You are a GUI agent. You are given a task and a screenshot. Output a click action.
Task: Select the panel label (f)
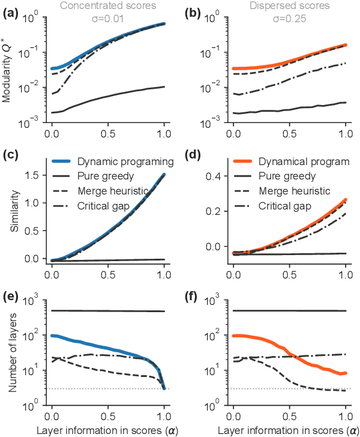193,298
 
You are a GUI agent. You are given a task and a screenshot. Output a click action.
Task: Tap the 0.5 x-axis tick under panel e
108,415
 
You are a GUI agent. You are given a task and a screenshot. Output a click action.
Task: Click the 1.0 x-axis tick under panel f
346,415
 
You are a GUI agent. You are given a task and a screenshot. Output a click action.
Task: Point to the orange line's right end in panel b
346,45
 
